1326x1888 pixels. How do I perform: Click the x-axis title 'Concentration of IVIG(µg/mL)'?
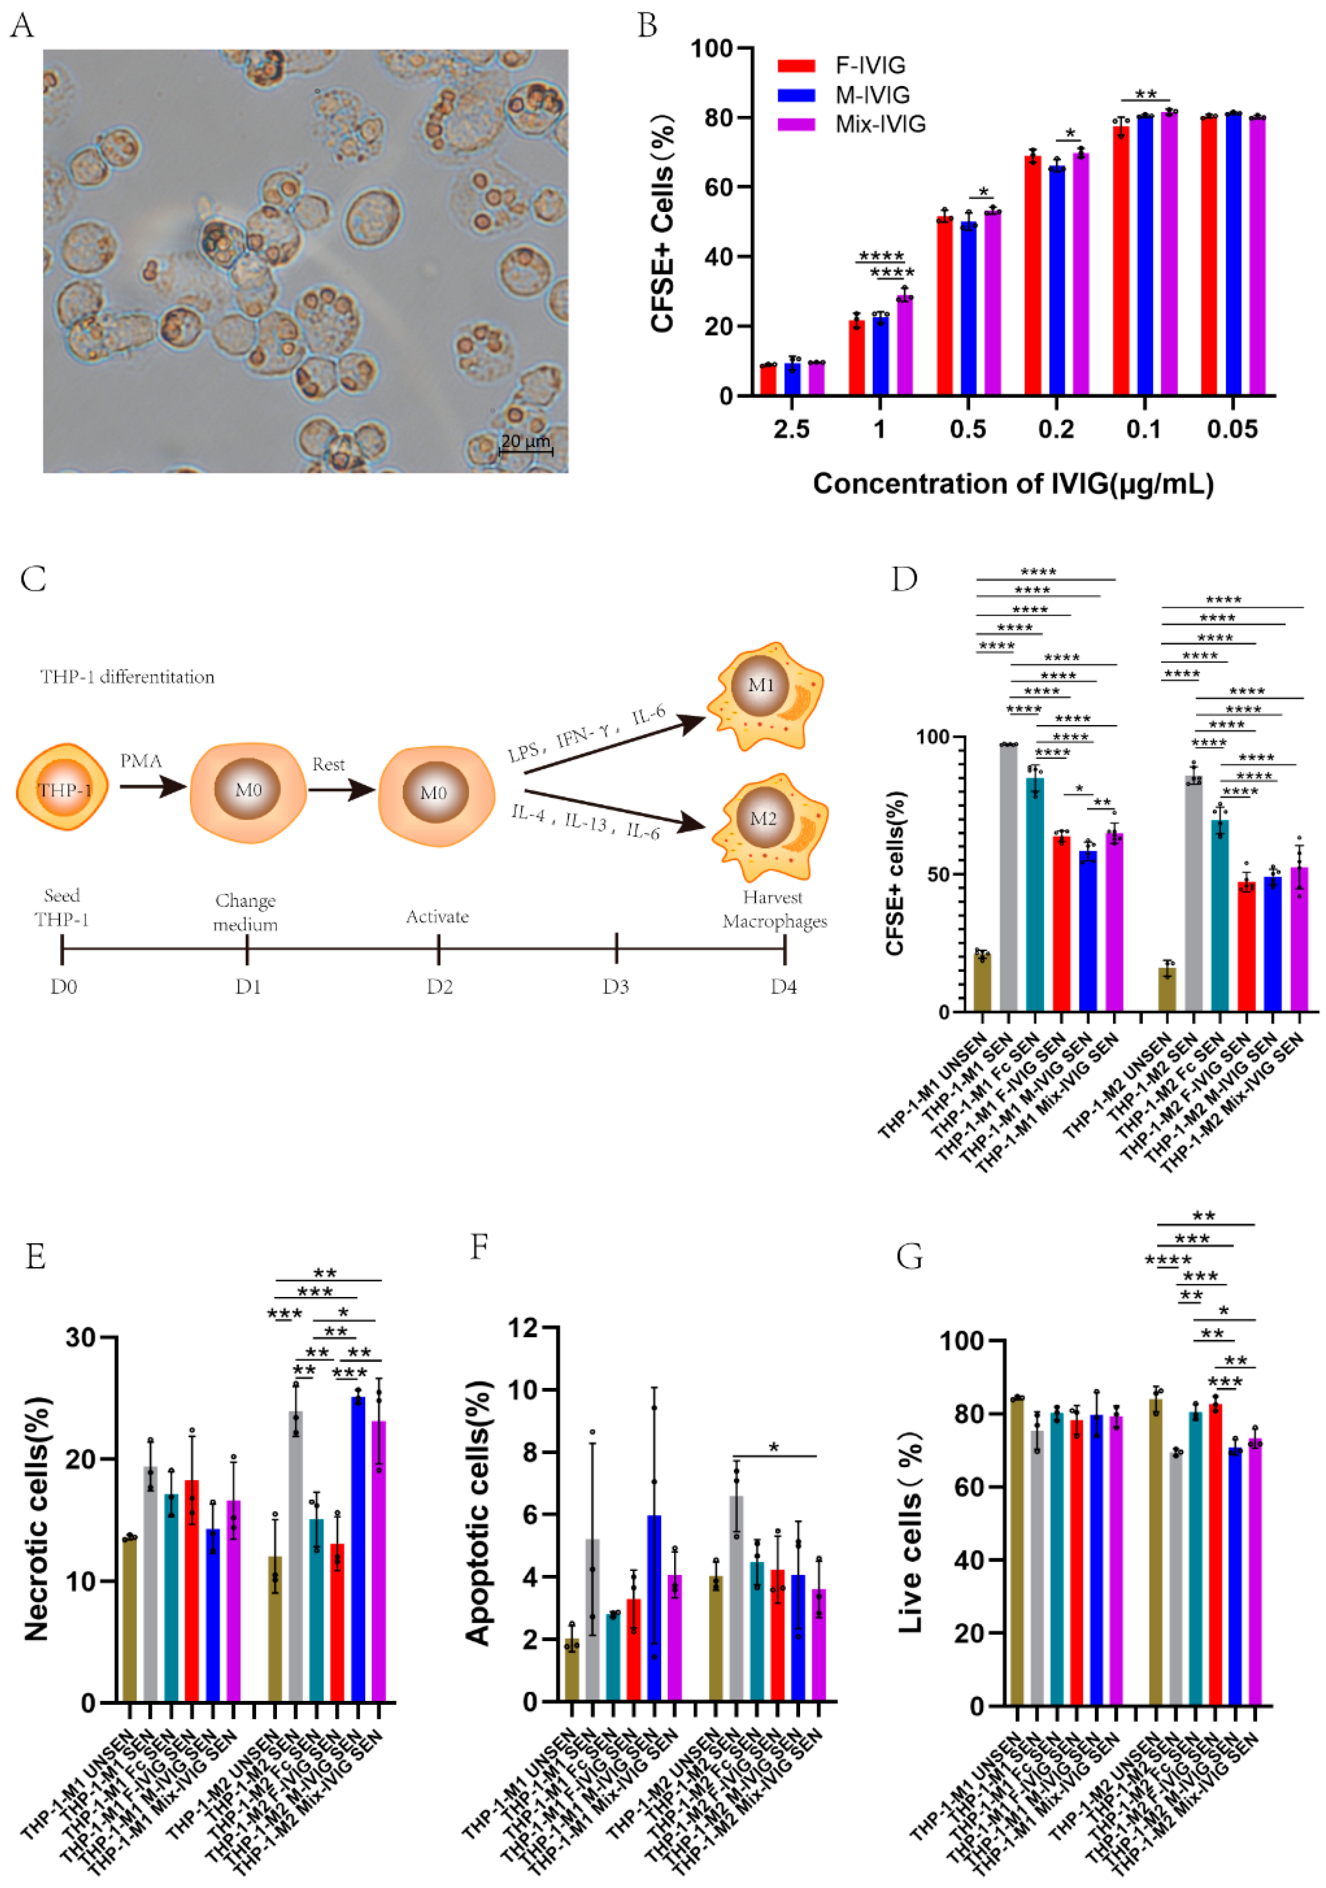1013,484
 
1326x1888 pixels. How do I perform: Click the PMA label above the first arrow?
142,761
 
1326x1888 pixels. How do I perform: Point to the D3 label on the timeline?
616,986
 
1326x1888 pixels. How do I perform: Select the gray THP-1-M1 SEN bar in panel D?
1009,877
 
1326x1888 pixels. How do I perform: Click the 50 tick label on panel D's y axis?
939,874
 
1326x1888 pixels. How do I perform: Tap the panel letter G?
909,1256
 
